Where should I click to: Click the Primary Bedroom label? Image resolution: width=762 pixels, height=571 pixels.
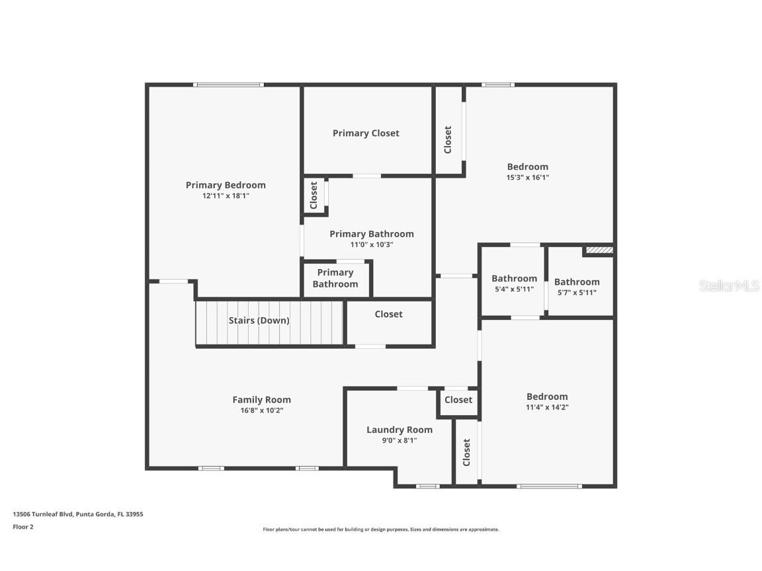tap(226, 185)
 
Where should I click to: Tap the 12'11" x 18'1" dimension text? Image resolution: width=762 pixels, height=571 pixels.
tap(226, 196)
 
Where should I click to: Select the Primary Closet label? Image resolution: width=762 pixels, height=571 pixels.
tap(366, 133)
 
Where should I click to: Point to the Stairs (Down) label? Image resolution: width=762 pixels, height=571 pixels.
tap(259, 321)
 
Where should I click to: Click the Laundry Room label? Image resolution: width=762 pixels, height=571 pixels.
tap(400, 430)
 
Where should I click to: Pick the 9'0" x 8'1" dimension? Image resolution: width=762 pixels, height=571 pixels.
tap(400, 440)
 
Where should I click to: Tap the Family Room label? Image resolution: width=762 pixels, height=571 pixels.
tap(261, 400)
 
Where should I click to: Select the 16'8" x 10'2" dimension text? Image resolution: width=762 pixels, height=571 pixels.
tap(261, 410)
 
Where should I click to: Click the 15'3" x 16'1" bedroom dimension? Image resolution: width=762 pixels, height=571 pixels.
tap(528, 177)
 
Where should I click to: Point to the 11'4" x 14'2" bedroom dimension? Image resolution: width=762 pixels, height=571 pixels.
tap(547, 407)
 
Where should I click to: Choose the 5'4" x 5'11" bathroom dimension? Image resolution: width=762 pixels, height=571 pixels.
tap(513, 289)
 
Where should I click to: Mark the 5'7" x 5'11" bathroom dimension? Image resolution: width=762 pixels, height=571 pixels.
tap(577, 292)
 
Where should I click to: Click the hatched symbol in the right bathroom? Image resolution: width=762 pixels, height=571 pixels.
tap(599, 250)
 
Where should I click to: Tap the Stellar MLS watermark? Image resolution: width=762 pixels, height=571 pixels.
tap(729, 285)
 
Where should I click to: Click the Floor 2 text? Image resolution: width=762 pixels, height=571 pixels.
tap(22, 527)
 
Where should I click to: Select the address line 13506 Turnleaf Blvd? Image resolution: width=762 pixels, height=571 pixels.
tap(78, 514)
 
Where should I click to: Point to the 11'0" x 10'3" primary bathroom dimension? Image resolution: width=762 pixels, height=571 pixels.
tap(371, 245)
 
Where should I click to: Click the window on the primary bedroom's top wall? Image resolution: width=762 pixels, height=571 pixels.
tap(228, 85)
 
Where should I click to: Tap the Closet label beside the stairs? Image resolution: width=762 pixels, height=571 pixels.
tap(388, 315)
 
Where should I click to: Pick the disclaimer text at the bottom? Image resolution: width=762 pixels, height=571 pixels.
tap(381, 529)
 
